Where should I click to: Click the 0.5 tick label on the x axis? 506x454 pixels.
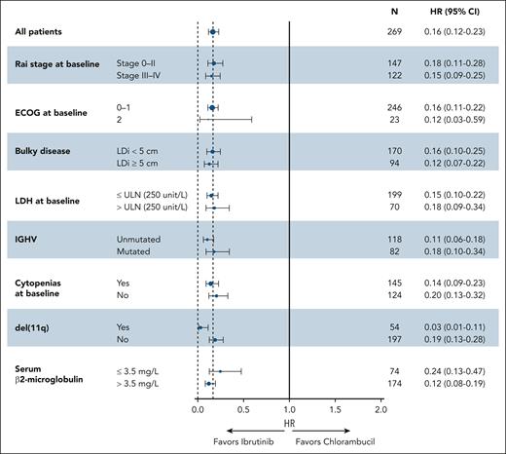click(243, 409)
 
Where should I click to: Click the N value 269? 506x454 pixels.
click(392, 32)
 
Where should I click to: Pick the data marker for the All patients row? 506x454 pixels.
click(212, 32)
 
